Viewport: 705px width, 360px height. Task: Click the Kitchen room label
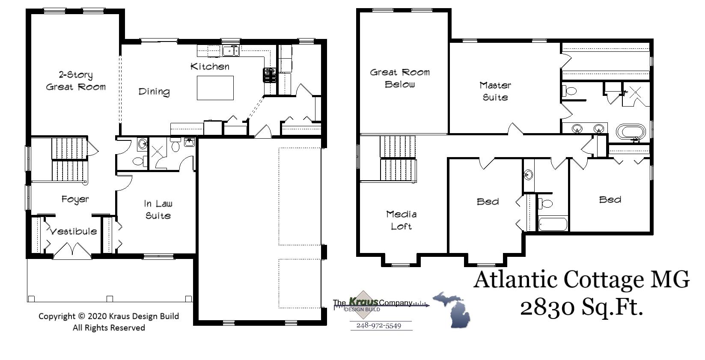210,66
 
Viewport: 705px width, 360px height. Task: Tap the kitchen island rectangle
215,88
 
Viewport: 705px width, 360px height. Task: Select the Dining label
154,92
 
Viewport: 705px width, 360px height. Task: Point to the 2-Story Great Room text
75,81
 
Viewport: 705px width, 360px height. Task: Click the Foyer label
75,199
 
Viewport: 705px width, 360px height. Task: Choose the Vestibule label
74,232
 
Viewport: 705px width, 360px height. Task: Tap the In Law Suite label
158,210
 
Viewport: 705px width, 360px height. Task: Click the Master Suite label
495,91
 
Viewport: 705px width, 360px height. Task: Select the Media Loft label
401,220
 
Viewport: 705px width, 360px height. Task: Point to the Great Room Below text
400,78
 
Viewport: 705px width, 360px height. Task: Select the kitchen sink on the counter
231,51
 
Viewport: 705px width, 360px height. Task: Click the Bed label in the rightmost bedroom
610,199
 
